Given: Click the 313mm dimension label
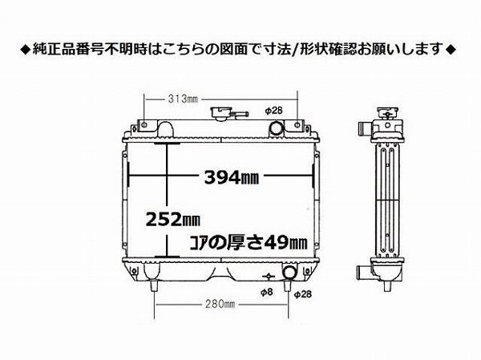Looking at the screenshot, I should [184, 99].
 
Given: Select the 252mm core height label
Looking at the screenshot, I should [173, 217].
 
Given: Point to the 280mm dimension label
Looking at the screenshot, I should [218, 304].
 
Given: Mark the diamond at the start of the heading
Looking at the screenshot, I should [24, 50].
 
